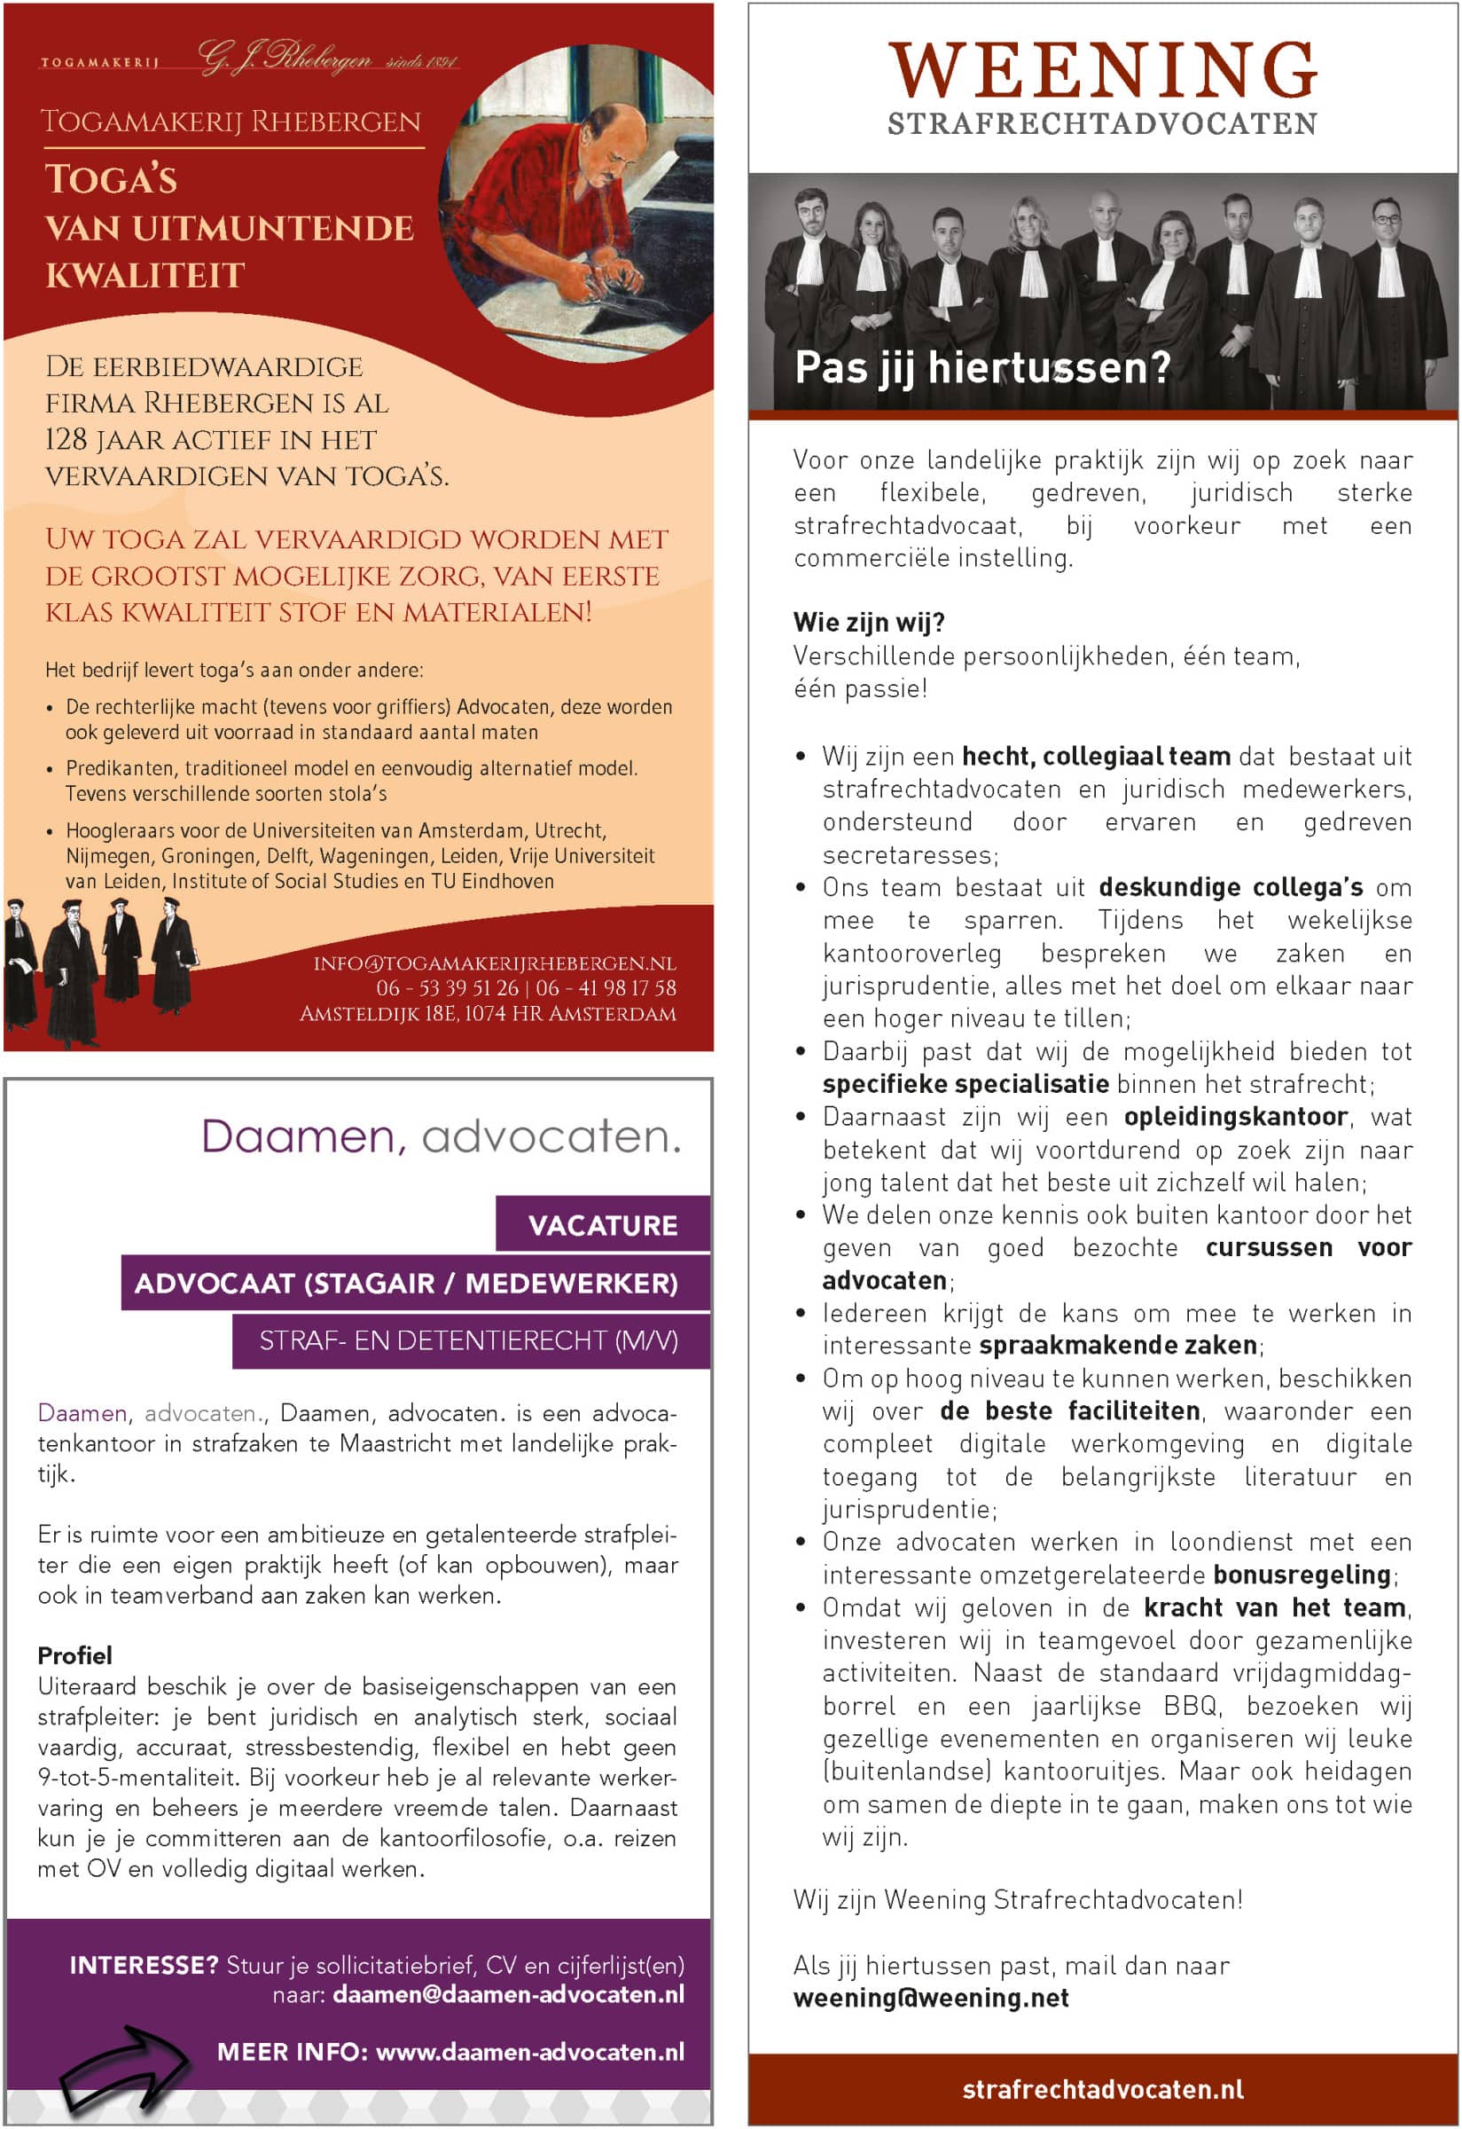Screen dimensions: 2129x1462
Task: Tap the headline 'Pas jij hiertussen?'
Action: click(x=982, y=368)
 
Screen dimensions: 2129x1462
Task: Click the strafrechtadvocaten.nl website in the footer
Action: click(x=1102, y=2089)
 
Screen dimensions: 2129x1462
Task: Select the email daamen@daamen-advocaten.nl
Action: click(x=507, y=1994)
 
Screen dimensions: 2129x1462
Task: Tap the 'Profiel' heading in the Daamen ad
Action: click(x=75, y=1655)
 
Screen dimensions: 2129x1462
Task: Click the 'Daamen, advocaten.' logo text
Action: click(x=441, y=1136)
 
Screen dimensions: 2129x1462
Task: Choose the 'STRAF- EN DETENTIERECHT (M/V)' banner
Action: click(x=469, y=1340)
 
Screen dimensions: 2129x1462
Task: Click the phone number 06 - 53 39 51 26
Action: click(x=447, y=988)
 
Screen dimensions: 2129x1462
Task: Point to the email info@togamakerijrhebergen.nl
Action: click(x=494, y=963)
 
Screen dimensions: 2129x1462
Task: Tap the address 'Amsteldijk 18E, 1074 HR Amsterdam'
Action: click(x=488, y=1014)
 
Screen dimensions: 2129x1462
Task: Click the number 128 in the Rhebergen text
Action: click(x=66, y=440)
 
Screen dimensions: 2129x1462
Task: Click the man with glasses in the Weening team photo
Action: click(x=1385, y=220)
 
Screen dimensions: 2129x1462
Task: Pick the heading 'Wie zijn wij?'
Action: click(x=868, y=624)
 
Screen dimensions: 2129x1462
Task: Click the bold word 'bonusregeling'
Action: click(x=1302, y=1575)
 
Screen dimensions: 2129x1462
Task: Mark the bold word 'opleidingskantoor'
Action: click(x=1236, y=1116)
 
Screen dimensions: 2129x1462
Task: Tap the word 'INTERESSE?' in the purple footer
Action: click(x=144, y=1965)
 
